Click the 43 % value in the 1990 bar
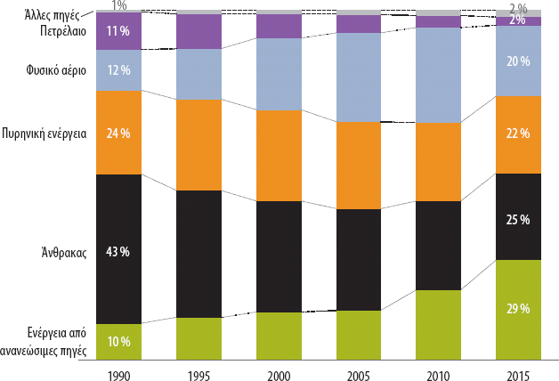(118, 252)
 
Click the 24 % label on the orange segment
(118, 134)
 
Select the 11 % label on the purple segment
(118, 31)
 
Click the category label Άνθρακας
(62, 252)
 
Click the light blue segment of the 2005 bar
(359, 77)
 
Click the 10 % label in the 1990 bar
(118, 341)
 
